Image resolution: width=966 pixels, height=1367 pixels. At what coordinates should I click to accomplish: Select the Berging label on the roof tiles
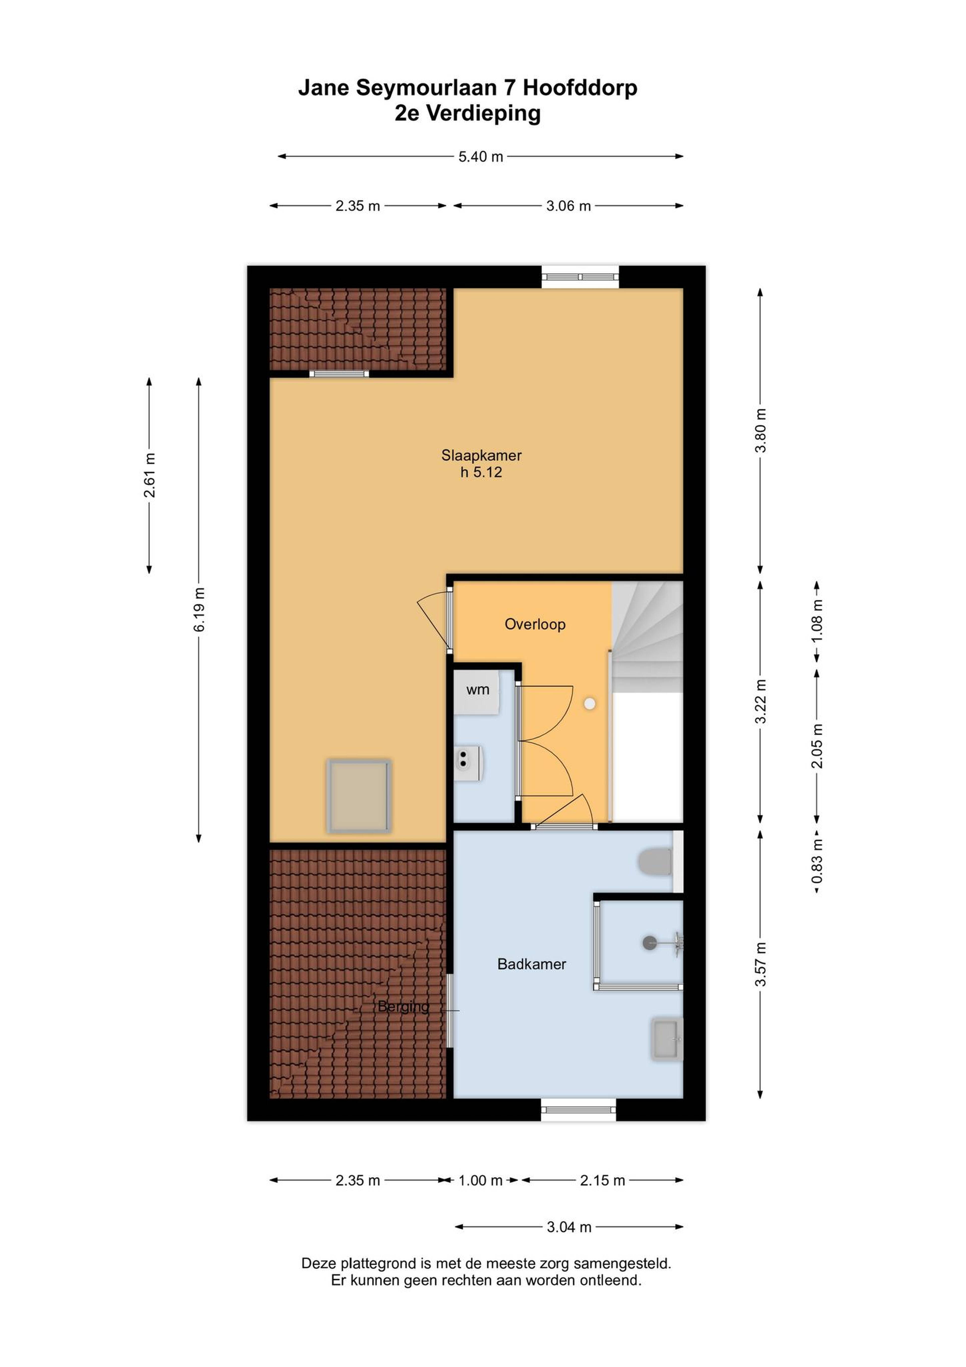point(404,1006)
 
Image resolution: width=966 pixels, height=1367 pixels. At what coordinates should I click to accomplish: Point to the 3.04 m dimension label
point(569,1227)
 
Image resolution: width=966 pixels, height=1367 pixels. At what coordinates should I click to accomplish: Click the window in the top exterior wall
point(580,277)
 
